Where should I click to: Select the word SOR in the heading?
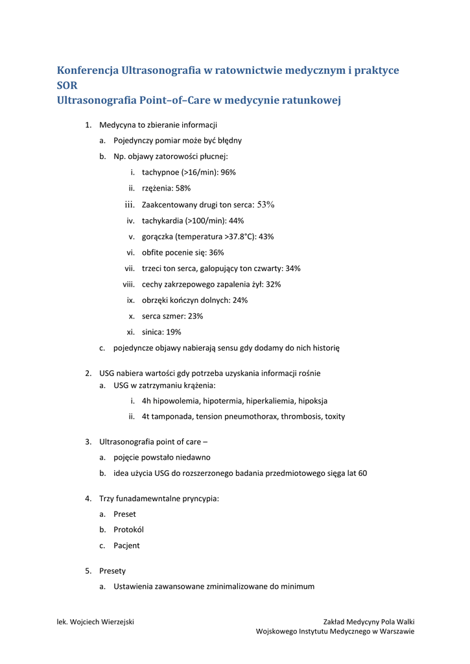[x=67, y=85]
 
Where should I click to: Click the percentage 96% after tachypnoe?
[x=228, y=172]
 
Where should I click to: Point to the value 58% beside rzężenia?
[x=183, y=189]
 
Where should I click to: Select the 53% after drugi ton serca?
[x=266, y=205]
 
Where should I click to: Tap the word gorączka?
[x=159, y=237]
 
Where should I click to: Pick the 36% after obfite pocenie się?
[x=217, y=252]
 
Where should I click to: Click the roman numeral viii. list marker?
[x=129, y=284]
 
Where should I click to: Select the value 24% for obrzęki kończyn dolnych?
[x=240, y=300]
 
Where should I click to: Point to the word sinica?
[x=152, y=332]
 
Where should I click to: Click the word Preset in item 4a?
[x=124, y=514]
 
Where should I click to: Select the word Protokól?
[x=128, y=530]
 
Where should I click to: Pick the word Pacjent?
[x=126, y=546]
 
